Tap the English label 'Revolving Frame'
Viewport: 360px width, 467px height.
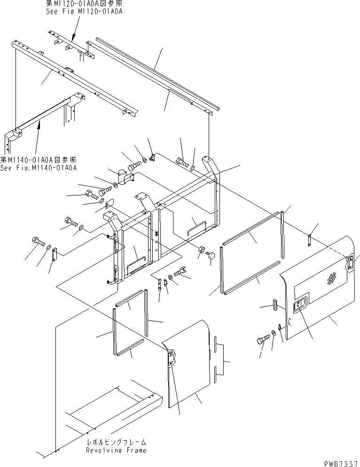(116, 450)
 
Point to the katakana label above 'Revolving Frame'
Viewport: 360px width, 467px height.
(116, 443)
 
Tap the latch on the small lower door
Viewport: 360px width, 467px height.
(170, 358)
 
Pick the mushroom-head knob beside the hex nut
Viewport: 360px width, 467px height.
(211, 256)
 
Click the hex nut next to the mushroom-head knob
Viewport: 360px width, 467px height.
(201, 249)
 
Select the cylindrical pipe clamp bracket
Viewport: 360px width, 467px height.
(125, 179)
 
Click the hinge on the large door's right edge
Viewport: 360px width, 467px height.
(350, 264)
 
